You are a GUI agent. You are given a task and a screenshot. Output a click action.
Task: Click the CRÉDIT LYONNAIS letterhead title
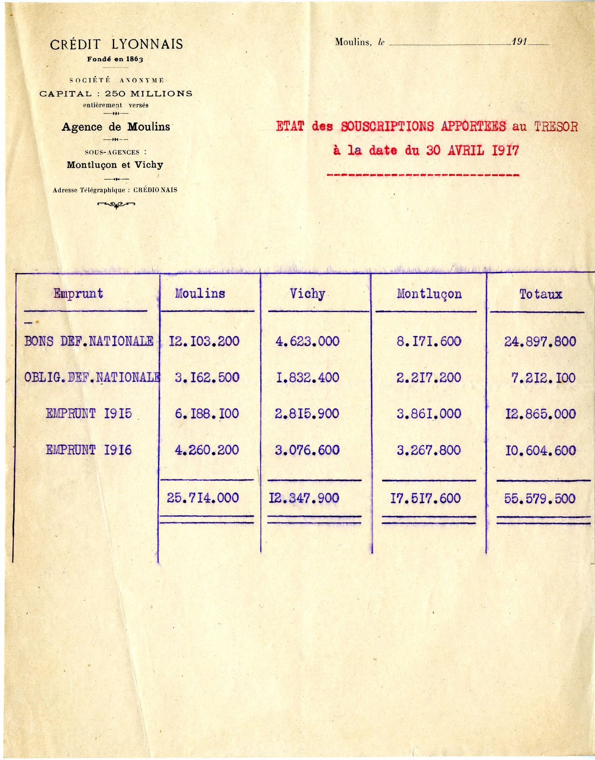click(116, 44)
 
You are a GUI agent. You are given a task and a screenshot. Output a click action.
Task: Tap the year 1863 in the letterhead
click(134, 59)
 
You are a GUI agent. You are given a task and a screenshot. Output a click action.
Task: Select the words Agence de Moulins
click(116, 127)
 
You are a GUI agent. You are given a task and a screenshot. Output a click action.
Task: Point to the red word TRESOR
click(556, 127)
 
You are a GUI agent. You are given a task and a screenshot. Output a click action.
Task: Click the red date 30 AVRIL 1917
click(473, 151)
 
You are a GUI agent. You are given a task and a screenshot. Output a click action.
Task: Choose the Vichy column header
click(307, 294)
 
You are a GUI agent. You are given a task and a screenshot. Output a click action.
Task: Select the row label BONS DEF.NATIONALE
click(89, 341)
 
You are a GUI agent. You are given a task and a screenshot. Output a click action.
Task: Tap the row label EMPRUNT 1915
click(89, 414)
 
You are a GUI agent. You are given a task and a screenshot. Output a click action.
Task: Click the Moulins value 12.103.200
click(204, 341)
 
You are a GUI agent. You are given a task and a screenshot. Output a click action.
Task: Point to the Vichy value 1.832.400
click(307, 378)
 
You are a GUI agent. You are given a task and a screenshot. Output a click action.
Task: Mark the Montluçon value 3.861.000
click(429, 414)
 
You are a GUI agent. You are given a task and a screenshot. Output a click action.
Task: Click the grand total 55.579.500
click(540, 498)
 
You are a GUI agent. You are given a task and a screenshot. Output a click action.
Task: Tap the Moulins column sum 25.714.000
click(203, 498)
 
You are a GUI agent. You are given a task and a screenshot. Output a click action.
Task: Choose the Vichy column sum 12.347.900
click(304, 498)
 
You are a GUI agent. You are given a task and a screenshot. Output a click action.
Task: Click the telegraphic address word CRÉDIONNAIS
click(155, 190)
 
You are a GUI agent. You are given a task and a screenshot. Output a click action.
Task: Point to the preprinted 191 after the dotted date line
click(519, 42)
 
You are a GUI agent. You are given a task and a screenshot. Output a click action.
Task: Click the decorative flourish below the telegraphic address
click(116, 205)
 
